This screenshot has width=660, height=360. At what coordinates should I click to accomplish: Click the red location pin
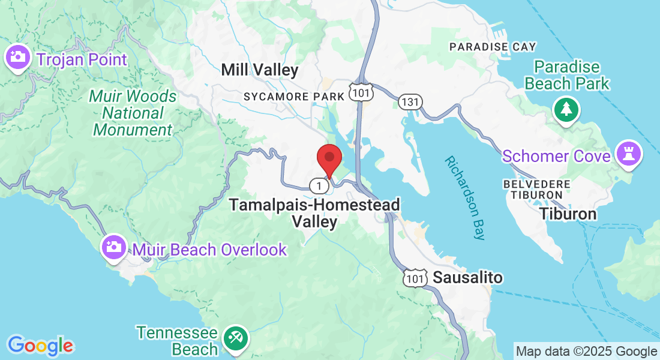tap(329, 158)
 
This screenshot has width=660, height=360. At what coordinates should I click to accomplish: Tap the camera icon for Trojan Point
tap(17, 58)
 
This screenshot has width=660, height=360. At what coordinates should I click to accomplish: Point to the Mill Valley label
tap(259, 70)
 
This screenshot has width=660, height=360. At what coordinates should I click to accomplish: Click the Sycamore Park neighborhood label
tap(294, 97)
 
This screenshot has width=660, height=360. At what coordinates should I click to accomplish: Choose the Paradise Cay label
tap(493, 47)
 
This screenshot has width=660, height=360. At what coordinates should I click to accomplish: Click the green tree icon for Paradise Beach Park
tap(566, 109)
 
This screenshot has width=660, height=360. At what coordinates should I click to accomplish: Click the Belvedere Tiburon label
tap(533, 188)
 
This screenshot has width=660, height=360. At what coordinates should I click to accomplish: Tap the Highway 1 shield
tap(319, 185)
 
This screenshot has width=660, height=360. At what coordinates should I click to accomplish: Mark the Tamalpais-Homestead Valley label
tap(314, 213)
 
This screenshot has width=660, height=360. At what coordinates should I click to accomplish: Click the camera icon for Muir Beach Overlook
tap(113, 247)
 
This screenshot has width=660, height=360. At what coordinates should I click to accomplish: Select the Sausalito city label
tap(467, 278)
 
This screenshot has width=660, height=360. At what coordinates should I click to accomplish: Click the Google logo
tap(40, 346)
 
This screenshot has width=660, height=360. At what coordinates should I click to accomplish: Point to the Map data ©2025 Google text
tap(587, 352)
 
